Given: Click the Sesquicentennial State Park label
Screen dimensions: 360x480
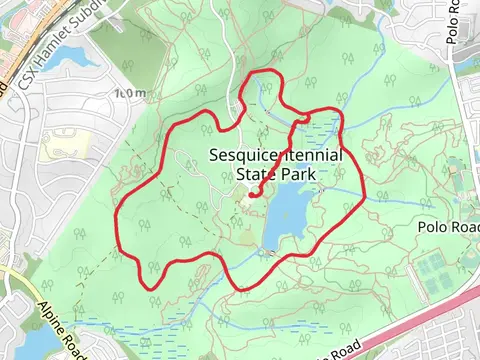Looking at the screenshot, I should pyautogui.click(x=276, y=165).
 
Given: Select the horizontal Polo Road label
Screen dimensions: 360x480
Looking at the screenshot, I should pyautogui.click(x=447, y=228).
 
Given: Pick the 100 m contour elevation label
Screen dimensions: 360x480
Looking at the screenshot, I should pyautogui.click(x=130, y=93).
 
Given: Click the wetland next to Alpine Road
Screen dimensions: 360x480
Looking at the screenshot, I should pyautogui.click(x=110, y=325).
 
